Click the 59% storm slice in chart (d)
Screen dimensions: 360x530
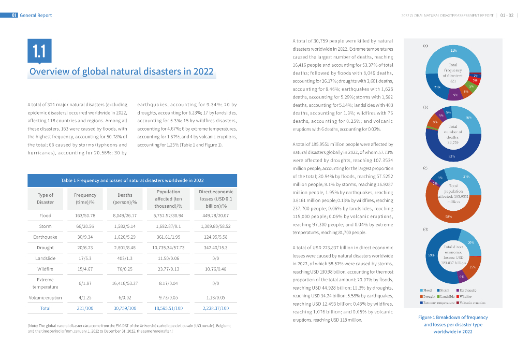coord(432,255)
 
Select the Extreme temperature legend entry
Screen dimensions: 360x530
coord(437,302)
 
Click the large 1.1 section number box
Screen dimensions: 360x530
coord(39,51)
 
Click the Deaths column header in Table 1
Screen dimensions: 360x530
coord(125,198)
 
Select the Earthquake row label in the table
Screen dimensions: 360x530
coord(45,237)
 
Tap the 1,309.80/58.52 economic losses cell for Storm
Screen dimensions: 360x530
coord(216,226)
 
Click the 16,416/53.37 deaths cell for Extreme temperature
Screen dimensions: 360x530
coord(125,283)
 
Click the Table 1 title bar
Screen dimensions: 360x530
coord(132,180)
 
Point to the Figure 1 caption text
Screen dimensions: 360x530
coord(453,324)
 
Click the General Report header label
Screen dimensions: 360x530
coord(36,16)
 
